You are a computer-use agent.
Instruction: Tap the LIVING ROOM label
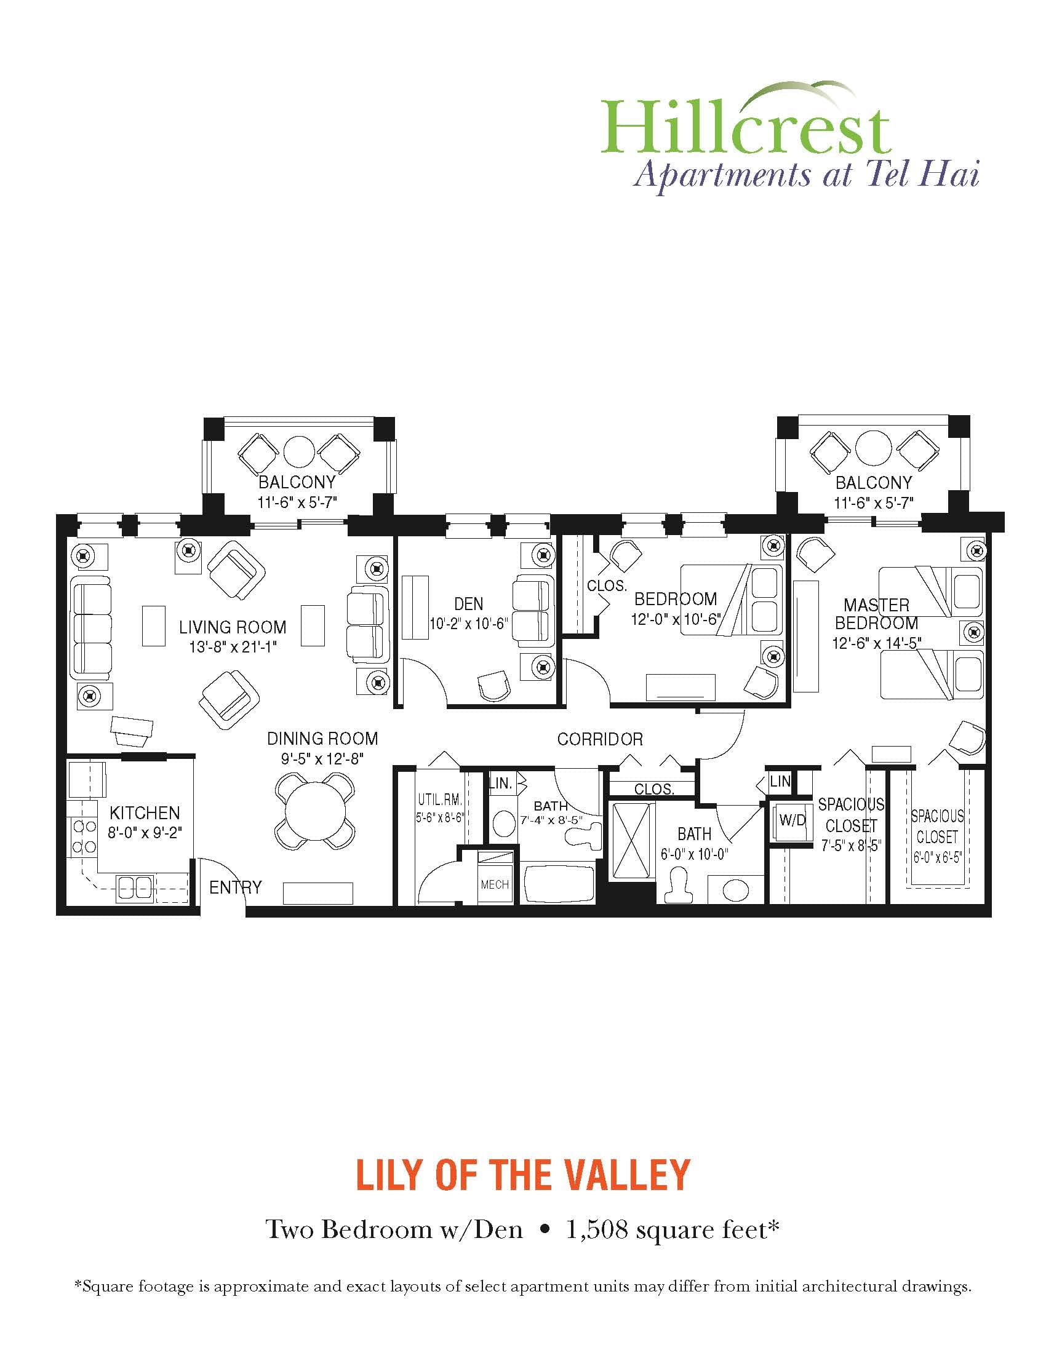[233, 627]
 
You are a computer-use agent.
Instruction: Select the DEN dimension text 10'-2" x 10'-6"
[468, 623]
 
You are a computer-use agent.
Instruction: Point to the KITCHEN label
[145, 812]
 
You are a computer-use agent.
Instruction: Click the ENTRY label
[235, 887]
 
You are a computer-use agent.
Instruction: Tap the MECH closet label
[495, 884]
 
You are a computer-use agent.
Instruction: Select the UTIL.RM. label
[440, 799]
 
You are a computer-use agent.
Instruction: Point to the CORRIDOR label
[599, 739]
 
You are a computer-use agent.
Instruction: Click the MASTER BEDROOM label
[876, 613]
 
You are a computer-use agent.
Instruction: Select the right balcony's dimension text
[873, 502]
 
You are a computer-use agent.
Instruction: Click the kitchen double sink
[135, 886]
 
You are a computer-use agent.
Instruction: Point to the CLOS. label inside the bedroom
[607, 585]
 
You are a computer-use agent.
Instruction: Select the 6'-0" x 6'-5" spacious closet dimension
[936, 859]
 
